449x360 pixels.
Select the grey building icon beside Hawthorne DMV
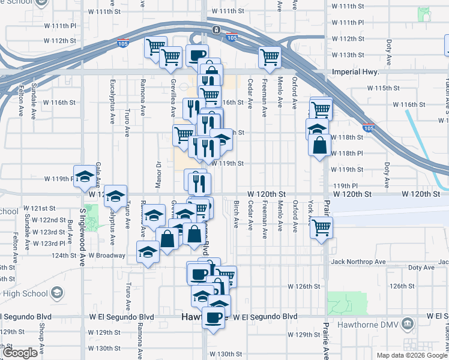pos(408,325)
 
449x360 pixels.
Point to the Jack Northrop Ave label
pos(358,262)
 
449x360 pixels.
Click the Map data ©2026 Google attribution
pos(412,355)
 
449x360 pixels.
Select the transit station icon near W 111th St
pos(215,30)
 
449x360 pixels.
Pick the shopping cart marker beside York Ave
pos(322,228)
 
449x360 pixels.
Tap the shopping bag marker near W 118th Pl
pos(320,145)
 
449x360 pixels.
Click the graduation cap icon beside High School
pos(57,293)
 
